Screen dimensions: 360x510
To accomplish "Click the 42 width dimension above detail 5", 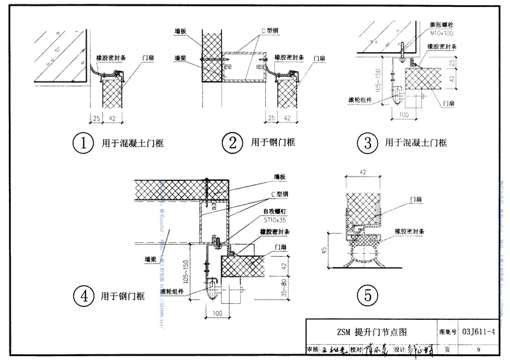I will [x=363, y=172].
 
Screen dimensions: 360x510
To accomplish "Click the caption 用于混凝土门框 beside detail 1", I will [x=133, y=143].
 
